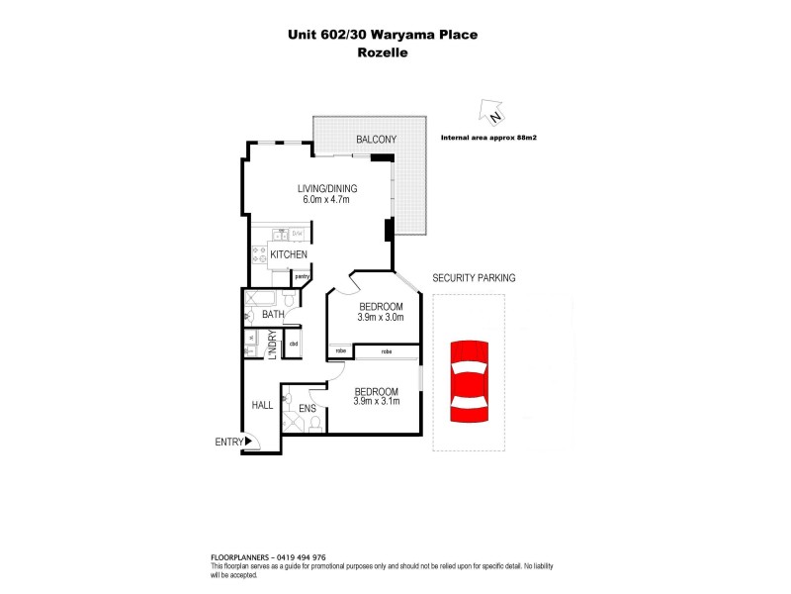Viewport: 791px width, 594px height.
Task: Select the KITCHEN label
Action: tap(289, 255)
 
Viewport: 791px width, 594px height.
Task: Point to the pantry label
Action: tap(301, 276)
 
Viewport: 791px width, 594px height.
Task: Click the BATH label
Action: tap(273, 315)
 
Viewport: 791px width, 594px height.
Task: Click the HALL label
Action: tap(262, 405)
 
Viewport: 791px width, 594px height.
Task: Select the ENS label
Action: tap(308, 407)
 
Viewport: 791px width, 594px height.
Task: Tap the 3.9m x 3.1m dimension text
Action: tap(377, 402)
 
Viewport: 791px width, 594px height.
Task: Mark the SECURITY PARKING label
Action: tap(474, 278)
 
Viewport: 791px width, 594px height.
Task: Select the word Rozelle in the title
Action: tap(381, 53)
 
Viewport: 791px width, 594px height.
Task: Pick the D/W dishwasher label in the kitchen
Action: tap(297, 234)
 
